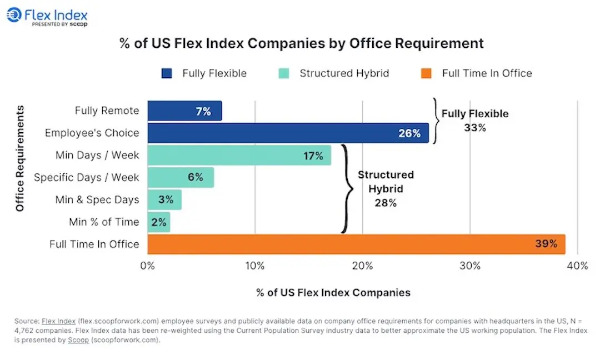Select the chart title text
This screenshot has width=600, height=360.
click(302, 43)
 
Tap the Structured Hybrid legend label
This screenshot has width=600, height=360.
click(344, 73)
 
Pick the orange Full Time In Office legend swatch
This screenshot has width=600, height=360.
click(426, 73)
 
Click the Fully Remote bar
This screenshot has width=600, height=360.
click(184, 111)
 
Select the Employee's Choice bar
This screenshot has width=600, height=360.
click(288, 133)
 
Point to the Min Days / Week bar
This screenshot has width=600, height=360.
click(239, 156)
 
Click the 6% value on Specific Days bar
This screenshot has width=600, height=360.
click(195, 178)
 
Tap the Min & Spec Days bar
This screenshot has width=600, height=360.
click(164, 200)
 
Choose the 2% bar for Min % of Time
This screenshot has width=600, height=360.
click(159, 222)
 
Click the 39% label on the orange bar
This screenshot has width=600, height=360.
click(546, 244)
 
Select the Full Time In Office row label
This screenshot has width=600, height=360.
click(94, 244)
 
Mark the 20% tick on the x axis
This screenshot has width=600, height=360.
click(362, 266)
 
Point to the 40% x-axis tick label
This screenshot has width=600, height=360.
click(577, 266)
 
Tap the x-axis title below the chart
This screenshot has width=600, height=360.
click(333, 292)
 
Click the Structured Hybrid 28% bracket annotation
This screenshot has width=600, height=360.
click(385, 189)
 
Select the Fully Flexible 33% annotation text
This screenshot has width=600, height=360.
click(474, 121)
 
